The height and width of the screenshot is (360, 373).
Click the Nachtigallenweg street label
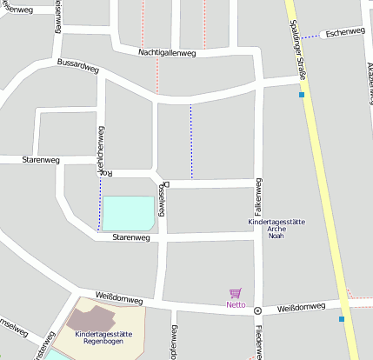[167, 53]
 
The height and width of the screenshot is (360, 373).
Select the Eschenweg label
[344, 33]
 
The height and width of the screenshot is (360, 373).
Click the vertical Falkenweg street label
[258, 197]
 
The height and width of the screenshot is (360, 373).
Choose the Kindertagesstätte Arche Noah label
[276, 229]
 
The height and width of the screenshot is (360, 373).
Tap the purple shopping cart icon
[235, 294]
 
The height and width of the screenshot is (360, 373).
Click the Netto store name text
[236, 305]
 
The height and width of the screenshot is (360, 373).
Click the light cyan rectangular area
[128, 213]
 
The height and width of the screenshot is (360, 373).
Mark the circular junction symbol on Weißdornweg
[257, 310]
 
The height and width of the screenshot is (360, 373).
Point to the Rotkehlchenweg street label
[101, 152]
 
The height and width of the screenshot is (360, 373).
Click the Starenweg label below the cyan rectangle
[131, 237]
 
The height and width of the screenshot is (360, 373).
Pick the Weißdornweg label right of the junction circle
[301, 308]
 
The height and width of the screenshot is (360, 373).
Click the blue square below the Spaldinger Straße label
[302, 95]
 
